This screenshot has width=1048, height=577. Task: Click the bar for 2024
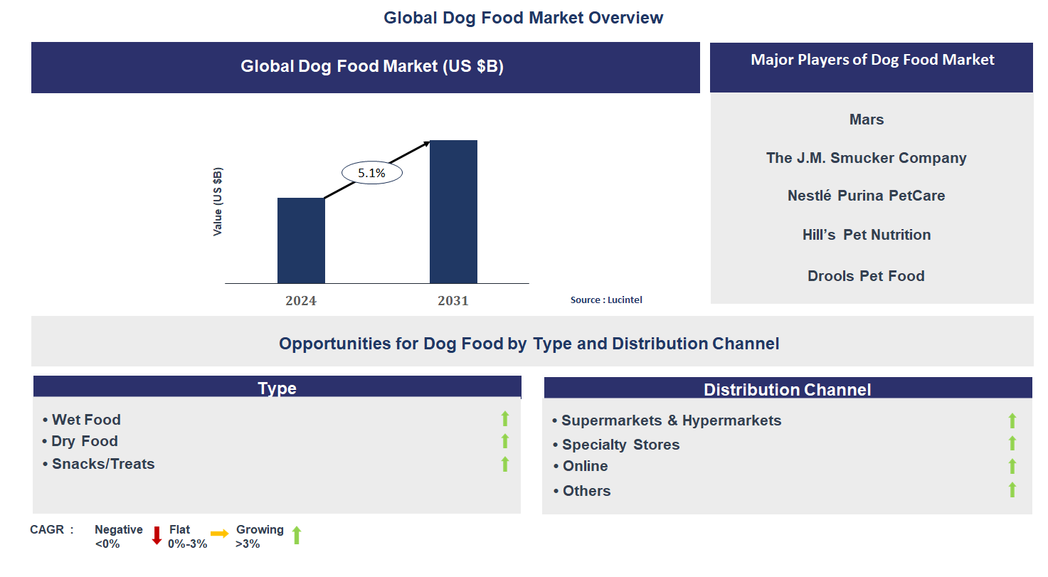[301, 240]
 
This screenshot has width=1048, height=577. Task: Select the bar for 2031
[453, 212]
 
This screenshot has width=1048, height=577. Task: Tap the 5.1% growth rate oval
[371, 173]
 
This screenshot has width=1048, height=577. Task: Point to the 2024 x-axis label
[301, 301]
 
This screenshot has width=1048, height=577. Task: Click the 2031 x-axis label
[453, 301]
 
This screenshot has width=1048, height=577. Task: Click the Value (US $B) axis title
[218, 202]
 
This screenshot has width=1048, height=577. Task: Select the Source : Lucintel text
[606, 300]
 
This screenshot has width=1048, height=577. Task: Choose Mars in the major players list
[867, 120]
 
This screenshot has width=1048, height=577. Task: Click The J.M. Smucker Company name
[866, 158]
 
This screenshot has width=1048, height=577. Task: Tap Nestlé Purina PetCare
[866, 196]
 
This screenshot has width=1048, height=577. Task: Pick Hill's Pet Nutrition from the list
[866, 235]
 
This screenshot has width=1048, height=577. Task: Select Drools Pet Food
[866, 276]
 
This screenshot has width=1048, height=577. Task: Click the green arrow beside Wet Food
[505, 419]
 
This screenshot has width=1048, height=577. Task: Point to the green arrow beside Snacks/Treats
[505, 464]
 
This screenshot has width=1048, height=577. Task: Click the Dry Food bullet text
[84, 441]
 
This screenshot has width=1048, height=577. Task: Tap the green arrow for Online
[1012, 467]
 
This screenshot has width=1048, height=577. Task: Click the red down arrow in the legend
[157, 535]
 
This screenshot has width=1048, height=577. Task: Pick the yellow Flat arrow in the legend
[219, 533]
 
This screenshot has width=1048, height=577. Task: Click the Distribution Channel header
[787, 389]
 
